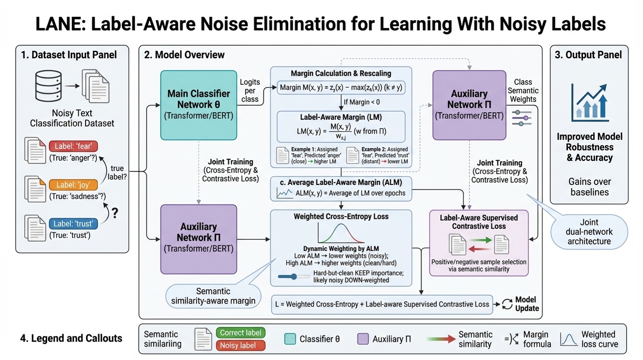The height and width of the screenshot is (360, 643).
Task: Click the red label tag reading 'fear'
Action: [x=73, y=146]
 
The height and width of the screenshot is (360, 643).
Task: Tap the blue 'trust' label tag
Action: [x=73, y=224]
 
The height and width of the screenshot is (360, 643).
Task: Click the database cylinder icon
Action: [x=48, y=86]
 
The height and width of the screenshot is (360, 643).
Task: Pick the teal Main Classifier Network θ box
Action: [x=198, y=105]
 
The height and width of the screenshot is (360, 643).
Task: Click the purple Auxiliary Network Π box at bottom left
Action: [x=198, y=239]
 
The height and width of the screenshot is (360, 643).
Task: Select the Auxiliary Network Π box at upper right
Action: [x=469, y=105]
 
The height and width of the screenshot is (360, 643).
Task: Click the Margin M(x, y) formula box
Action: [x=341, y=88]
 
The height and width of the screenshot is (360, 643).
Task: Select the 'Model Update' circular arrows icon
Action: [x=506, y=304]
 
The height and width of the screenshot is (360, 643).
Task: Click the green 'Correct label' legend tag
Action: [x=240, y=333]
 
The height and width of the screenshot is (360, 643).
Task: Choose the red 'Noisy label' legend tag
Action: [x=240, y=345]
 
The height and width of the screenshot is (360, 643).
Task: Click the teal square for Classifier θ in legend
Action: [x=290, y=339]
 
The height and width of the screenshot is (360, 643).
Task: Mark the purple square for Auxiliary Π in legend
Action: [x=363, y=339]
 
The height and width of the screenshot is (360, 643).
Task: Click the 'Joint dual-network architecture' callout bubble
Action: [x=589, y=231]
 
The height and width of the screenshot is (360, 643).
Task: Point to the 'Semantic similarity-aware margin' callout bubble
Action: [x=213, y=295]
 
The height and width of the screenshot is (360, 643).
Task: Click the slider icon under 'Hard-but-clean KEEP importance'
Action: [x=294, y=277]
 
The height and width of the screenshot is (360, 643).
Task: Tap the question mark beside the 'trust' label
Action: [x=115, y=213]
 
